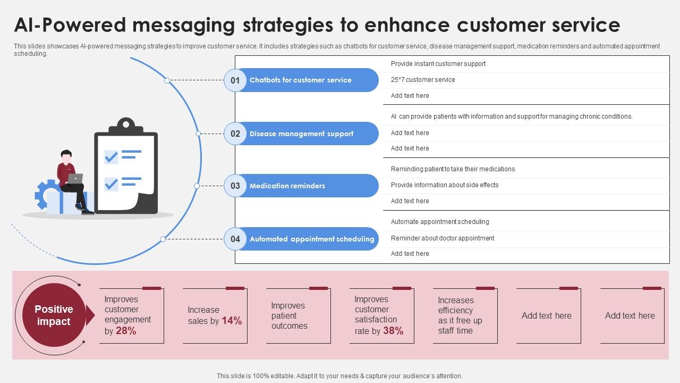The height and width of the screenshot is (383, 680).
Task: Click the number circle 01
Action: click(x=235, y=80)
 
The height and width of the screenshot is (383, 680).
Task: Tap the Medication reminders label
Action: click(x=287, y=186)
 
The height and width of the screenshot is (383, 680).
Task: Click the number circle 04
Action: click(x=235, y=239)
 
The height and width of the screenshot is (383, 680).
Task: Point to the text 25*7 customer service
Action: click(x=423, y=80)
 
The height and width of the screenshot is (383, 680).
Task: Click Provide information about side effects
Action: click(x=445, y=185)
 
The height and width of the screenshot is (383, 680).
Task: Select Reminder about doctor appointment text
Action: click(x=443, y=238)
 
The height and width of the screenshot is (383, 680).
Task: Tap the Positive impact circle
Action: click(x=54, y=315)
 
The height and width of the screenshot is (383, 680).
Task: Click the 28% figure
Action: click(x=126, y=331)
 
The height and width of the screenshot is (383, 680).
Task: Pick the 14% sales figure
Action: click(x=232, y=321)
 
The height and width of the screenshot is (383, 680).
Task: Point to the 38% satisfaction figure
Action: click(x=393, y=331)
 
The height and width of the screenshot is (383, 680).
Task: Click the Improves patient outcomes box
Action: click(x=298, y=316)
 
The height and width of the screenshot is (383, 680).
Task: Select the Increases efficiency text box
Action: click(x=465, y=316)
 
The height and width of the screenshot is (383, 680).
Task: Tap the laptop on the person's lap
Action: click(x=75, y=179)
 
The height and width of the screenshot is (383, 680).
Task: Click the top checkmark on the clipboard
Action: click(x=111, y=156)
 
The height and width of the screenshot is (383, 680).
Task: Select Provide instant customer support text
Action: click(x=438, y=64)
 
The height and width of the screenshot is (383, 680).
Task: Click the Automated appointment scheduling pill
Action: click(x=312, y=239)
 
